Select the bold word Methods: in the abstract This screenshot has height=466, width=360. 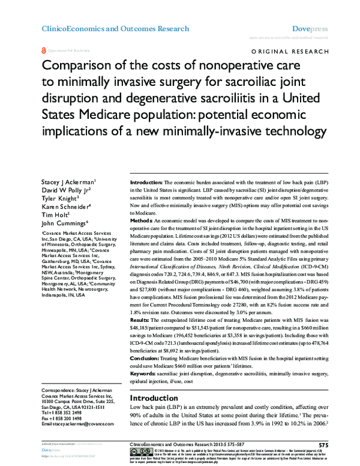click(143, 222)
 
